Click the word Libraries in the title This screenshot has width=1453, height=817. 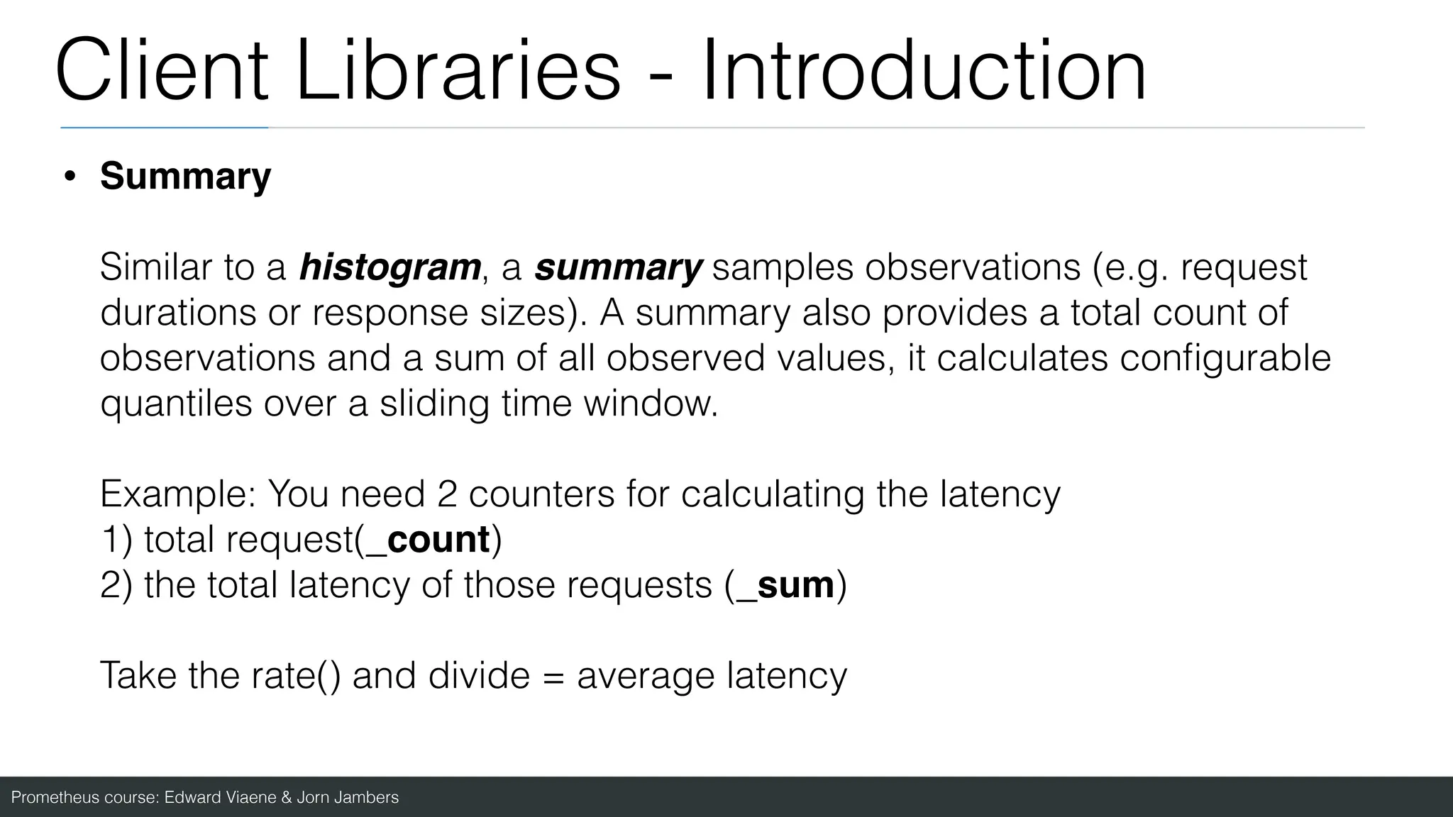coord(458,71)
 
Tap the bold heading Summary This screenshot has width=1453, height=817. coord(185,176)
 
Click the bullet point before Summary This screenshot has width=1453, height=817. coord(69,177)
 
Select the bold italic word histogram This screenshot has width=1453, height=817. coord(390,267)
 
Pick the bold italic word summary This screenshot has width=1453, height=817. coord(618,267)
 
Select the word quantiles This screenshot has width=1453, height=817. coord(176,404)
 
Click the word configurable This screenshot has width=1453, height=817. coord(1225,358)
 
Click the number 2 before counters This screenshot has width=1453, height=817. coord(447,494)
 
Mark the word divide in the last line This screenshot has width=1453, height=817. coord(479,675)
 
